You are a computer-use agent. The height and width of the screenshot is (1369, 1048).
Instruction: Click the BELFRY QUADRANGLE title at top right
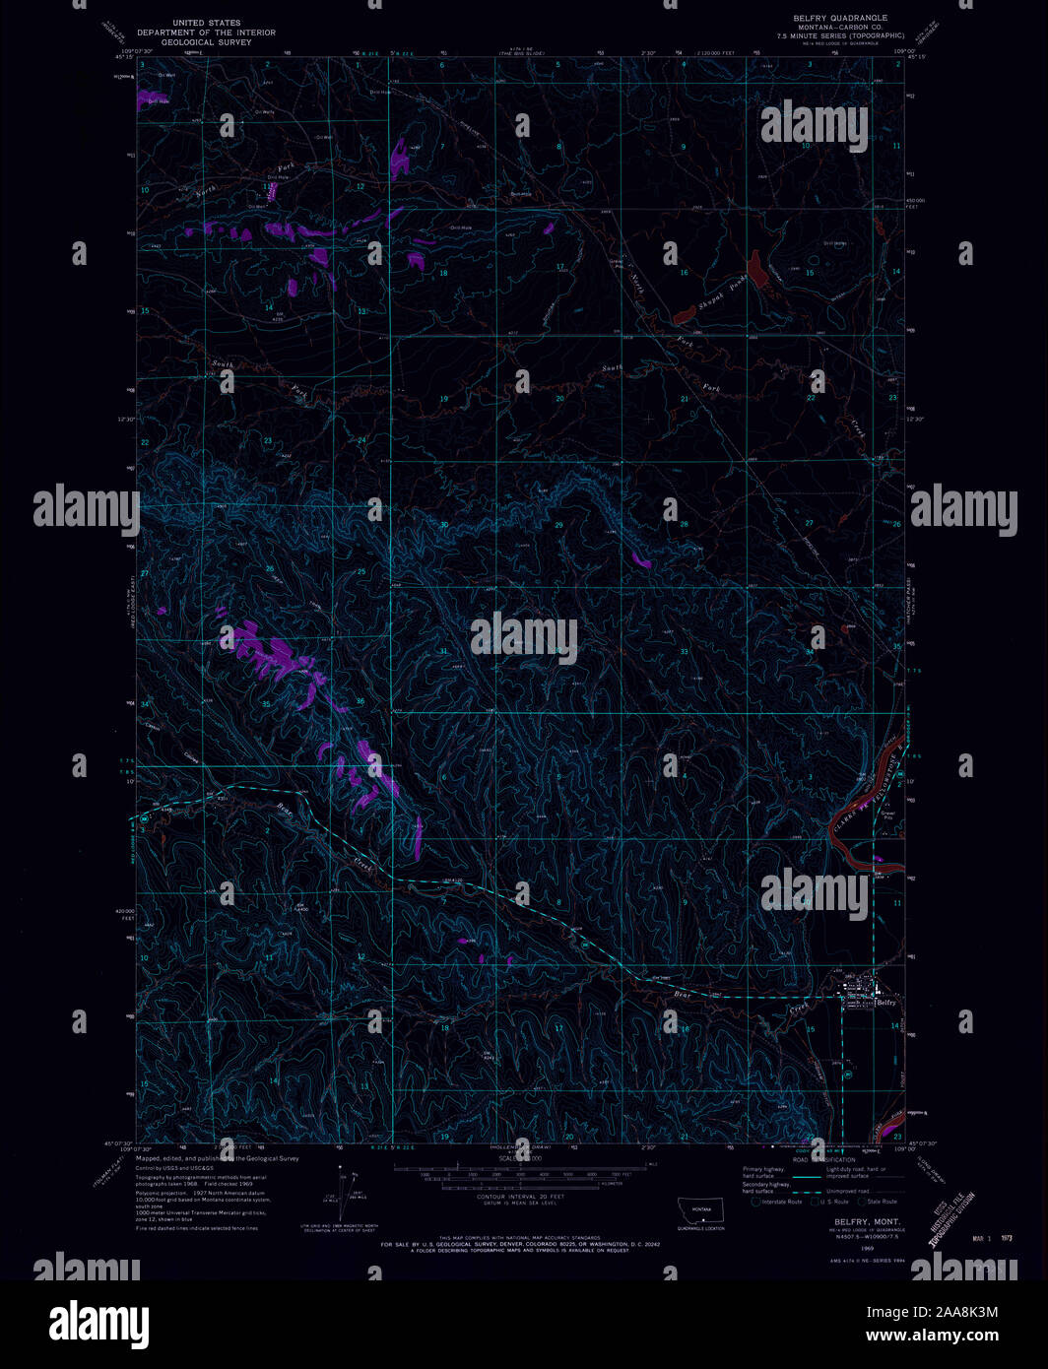tap(840, 18)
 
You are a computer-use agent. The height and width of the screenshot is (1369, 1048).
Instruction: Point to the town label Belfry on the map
tap(886, 1002)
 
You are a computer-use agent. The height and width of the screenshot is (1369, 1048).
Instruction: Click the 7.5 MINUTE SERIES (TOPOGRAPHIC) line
tap(840, 34)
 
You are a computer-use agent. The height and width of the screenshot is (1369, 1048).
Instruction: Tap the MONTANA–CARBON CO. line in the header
tap(840, 27)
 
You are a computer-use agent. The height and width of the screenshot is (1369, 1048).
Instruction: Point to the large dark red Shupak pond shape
tap(758, 268)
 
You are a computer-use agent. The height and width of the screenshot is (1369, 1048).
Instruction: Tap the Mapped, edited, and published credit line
tap(217, 1158)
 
